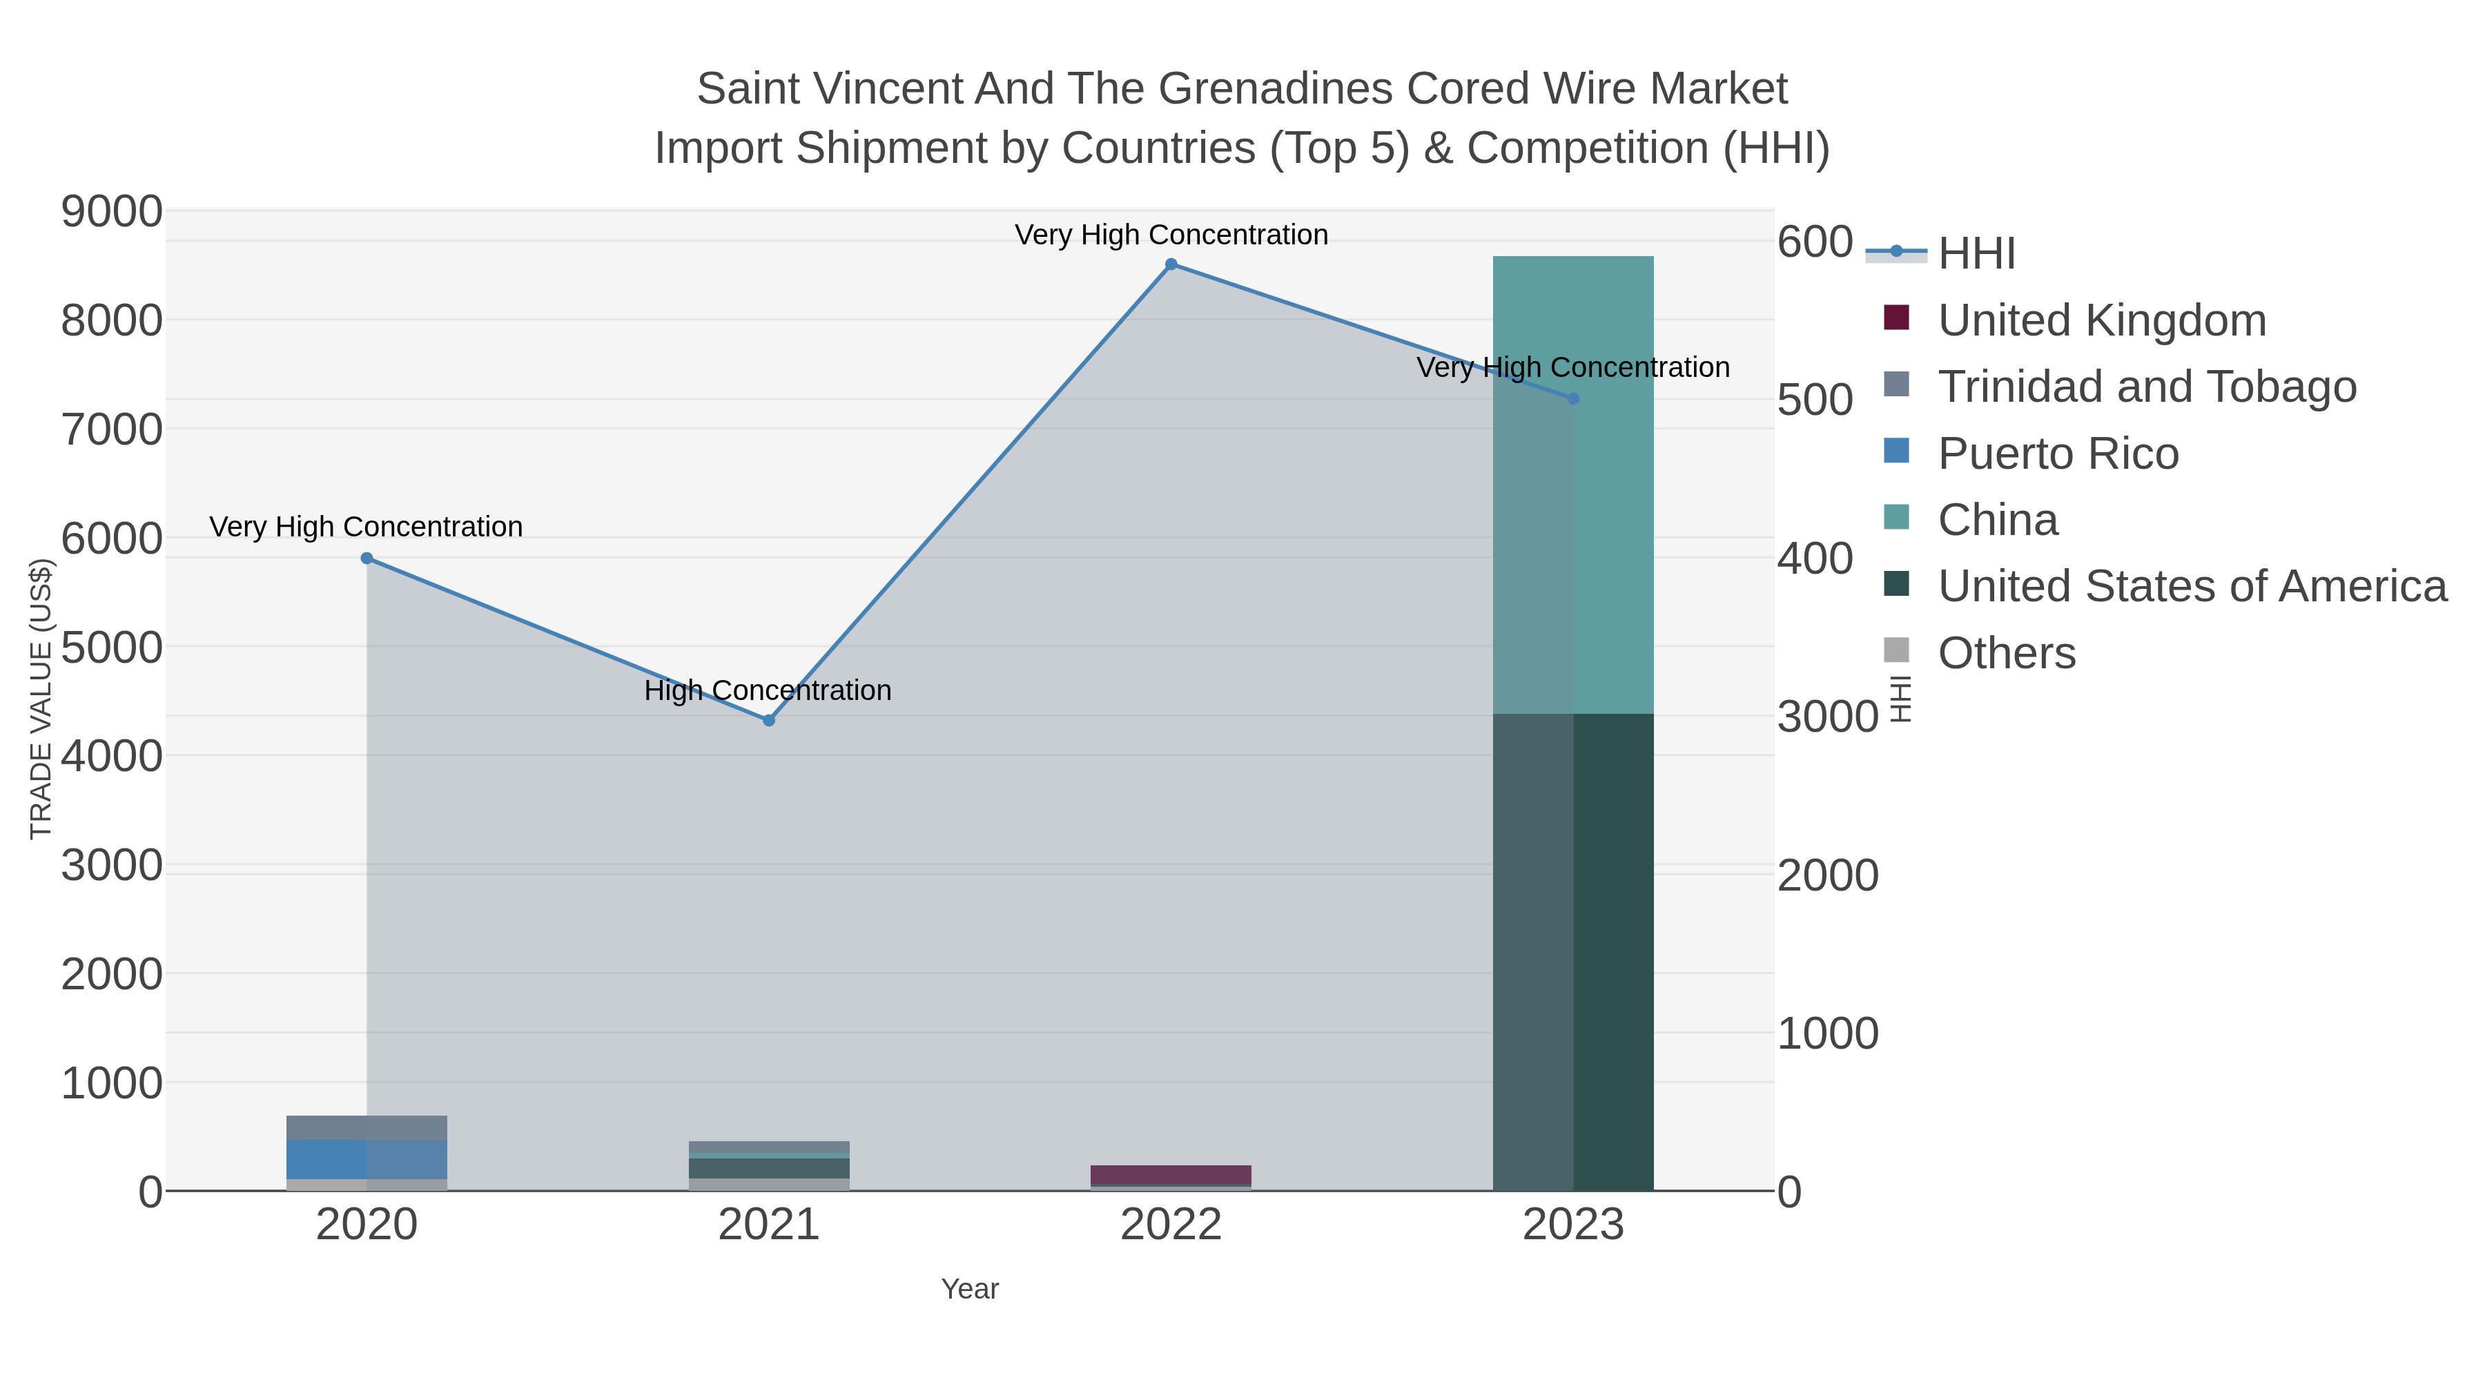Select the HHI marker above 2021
click(769, 720)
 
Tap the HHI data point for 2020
click(367, 559)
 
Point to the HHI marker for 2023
click(1572, 398)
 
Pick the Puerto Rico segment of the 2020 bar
click(367, 1158)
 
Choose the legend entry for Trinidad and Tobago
click(2146, 387)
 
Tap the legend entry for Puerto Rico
click(2058, 454)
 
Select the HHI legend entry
click(1976, 254)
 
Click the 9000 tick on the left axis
click(112, 211)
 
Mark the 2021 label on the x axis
click(769, 1224)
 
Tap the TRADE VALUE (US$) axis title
click(41, 699)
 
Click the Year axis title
click(970, 1289)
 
